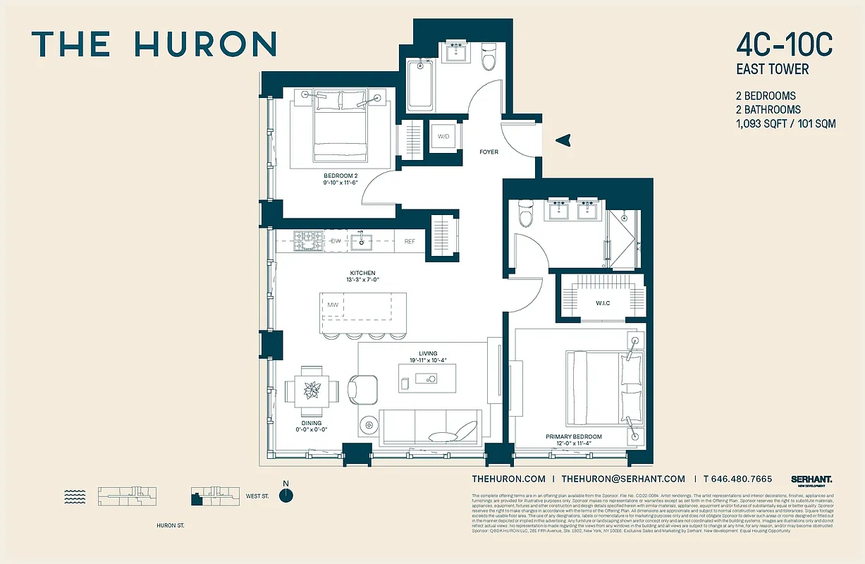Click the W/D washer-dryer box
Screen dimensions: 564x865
point(443,136)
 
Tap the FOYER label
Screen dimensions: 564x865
point(489,152)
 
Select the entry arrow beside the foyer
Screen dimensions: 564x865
point(563,141)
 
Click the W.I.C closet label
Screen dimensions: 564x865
point(601,304)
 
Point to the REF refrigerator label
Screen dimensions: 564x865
point(410,242)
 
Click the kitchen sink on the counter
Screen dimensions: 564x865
point(362,241)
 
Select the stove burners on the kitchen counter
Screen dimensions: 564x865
point(308,241)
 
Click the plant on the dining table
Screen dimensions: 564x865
point(311,389)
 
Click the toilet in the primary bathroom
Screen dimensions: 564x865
point(526,214)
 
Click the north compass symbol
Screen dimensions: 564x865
point(286,495)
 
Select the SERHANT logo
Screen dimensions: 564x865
point(811,479)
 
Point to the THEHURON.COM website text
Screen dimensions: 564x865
point(508,479)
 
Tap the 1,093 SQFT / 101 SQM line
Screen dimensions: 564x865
point(785,123)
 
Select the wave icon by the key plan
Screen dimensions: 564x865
point(74,496)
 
